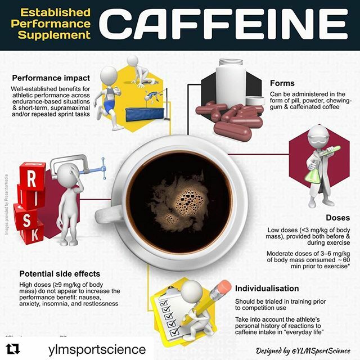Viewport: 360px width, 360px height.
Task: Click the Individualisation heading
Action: (268, 287)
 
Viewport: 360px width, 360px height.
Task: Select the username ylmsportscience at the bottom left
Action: (84, 349)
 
